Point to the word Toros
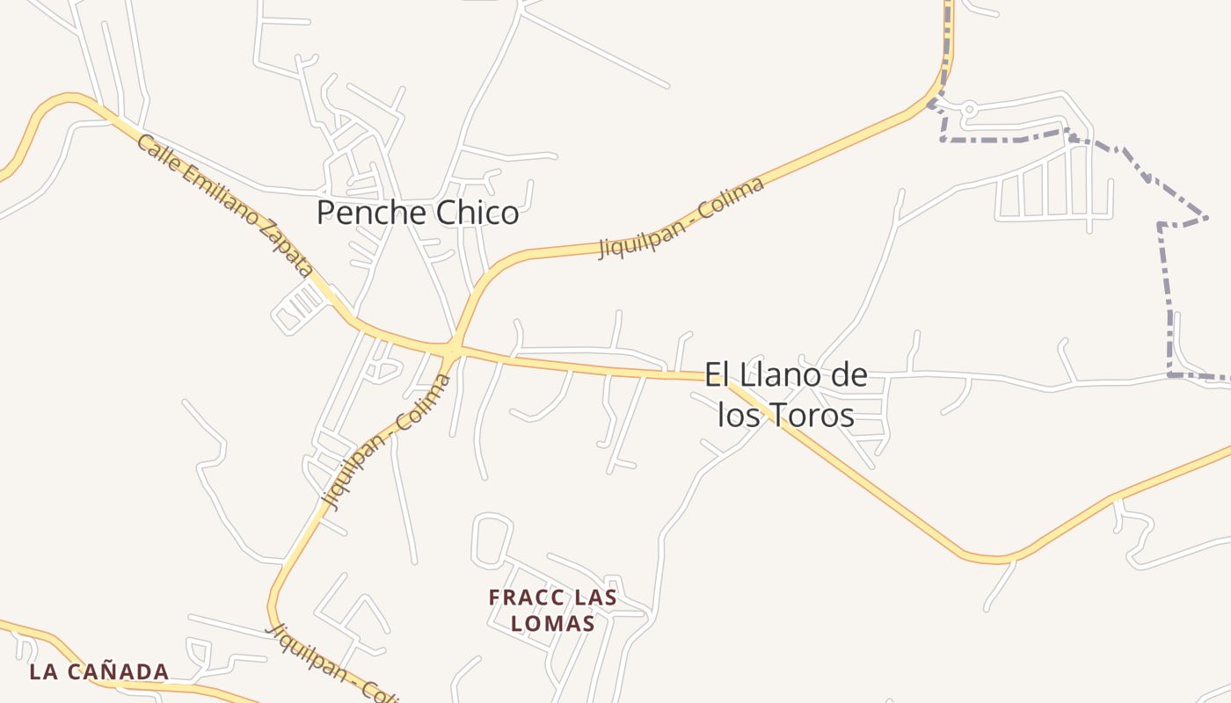point(811,415)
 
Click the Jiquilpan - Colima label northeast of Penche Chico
point(681,216)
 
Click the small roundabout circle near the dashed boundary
point(969,110)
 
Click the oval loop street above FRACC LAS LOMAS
point(492,540)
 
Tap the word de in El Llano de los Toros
point(849,376)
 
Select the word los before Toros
point(739,415)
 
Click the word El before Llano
point(717,376)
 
